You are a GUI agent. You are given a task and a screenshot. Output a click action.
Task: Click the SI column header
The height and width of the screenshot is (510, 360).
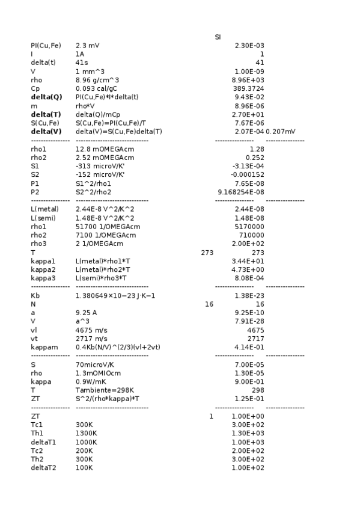[218, 37]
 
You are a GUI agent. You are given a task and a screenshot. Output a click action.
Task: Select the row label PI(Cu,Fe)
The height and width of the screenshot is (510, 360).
[46, 46]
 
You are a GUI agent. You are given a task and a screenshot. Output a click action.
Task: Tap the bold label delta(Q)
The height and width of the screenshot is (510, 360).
[46, 97]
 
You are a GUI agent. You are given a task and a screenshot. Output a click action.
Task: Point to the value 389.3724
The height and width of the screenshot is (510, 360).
[248, 88]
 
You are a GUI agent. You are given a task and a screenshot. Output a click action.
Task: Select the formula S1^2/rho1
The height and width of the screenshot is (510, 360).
[93, 183]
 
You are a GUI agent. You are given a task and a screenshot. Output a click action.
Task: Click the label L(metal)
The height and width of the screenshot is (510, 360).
[44, 209]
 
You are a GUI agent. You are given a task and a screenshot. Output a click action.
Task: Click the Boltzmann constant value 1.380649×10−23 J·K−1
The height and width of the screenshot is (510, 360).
[115, 296]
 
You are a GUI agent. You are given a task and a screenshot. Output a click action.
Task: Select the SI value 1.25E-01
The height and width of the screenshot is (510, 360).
[248, 399]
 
